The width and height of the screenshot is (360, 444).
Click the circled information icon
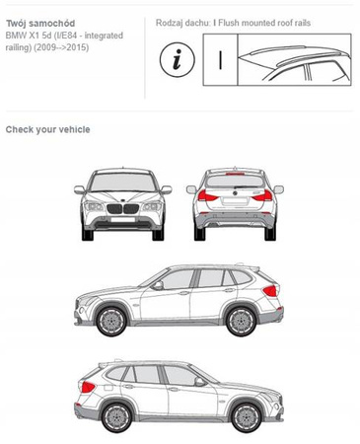tap(178, 59)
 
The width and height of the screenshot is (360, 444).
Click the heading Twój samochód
tap(40, 24)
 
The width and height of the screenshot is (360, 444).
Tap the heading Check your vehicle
tap(47, 129)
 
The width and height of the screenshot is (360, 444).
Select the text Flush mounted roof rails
tap(264, 23)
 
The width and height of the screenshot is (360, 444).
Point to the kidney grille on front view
tap(122, 209)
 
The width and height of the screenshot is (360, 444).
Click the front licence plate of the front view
tap(122, 219)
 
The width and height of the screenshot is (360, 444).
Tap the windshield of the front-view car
tap(122, 182)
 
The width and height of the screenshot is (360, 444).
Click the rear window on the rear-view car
tap(235, 182)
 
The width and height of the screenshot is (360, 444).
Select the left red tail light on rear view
tap(207, 196)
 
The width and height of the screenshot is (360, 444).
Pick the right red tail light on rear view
tap(263, 196)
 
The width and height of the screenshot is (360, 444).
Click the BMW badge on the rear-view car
tap(235, 193)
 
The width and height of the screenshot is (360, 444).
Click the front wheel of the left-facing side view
tap(111, 321)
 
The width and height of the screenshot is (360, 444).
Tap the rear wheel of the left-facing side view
tap(242, 321)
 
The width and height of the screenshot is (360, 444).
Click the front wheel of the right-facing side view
tap(247, 417)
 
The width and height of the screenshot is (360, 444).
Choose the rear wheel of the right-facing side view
tap(116, 417)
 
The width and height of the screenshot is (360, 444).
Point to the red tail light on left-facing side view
tap(270, 291)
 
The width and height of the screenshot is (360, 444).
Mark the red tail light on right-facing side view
tap(88, 387)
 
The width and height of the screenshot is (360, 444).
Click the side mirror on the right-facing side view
tap(199, 382)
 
